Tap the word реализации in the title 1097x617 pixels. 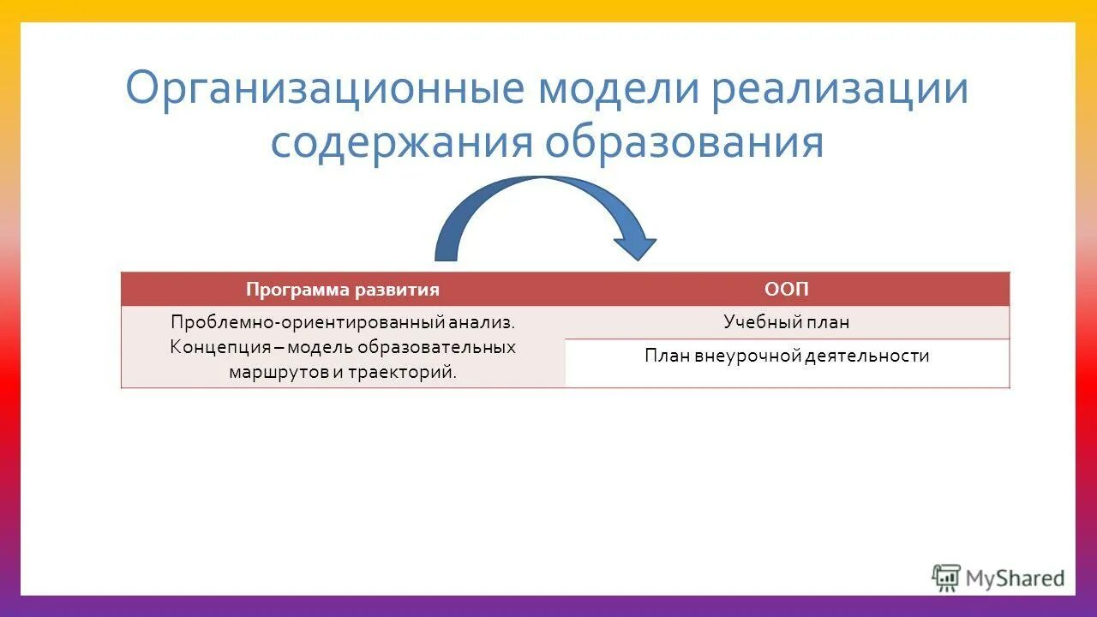click(841, 90)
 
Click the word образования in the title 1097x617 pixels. click(685, 143)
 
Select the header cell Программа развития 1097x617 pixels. click(343, 290)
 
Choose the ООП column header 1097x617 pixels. click(787, 290)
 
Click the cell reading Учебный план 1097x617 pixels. click(787, 322)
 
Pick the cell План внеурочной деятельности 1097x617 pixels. click(787, 356)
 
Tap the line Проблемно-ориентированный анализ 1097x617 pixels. click(343, 322)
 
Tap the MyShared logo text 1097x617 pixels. click(1015, 578)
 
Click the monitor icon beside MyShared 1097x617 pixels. click(946, 578)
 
